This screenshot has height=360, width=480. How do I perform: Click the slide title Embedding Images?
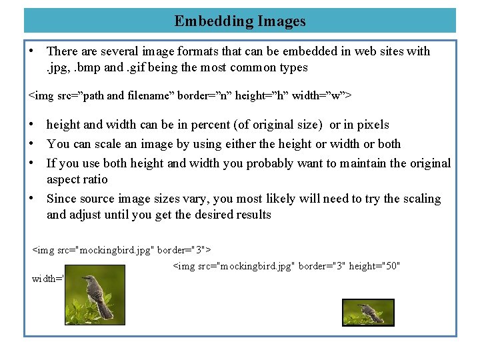click(240, 21)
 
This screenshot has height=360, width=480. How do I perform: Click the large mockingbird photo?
click(95, 295)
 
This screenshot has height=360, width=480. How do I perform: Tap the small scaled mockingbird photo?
click(368, 312)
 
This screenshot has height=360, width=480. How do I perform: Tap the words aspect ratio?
click(77, 179)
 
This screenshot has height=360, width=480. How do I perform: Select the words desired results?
click(235, 215)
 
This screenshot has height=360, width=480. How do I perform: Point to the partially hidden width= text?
click(47, 279)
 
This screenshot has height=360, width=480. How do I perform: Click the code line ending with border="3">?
click(122, 249)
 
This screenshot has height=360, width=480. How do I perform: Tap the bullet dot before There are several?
click(31, 51)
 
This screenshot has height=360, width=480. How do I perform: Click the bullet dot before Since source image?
click(31, 199)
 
